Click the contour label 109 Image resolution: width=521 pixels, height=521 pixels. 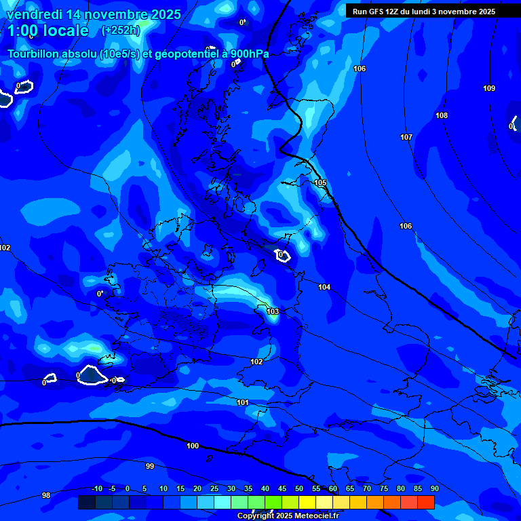click(489, 89)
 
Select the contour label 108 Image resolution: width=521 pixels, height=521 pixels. click(442, 116)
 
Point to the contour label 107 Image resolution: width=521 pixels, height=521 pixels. click(406, 138)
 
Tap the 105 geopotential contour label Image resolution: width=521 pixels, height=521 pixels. click(320, 183)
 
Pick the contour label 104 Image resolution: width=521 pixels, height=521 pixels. click(324, 288)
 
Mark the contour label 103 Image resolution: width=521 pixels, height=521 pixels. click(273, 312)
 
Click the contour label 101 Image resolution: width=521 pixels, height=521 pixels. click(242, 403)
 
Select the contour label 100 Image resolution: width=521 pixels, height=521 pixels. click(193, 446)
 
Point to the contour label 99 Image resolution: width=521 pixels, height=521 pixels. click(150, 467)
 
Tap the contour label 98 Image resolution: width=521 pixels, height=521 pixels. click(46, 496)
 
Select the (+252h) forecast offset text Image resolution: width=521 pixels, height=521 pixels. click(121, 31)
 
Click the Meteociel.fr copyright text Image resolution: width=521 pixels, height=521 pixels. click(288, 516)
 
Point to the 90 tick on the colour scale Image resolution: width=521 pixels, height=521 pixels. click(434, 489)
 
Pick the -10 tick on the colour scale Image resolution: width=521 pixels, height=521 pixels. click(97, 489)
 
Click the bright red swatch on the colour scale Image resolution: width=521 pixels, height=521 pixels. click(426, 502)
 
